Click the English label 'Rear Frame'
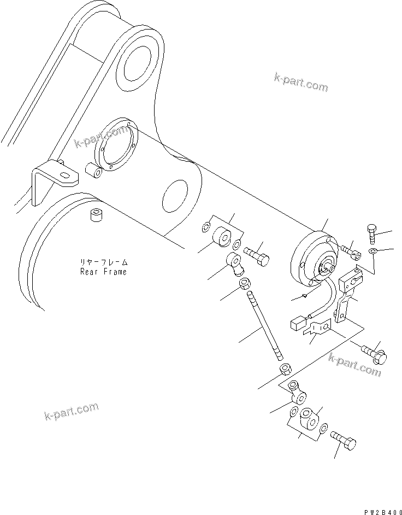[x=103, y=272]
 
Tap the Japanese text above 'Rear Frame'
[x=103, y=262]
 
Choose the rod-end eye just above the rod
[x=236, y=264]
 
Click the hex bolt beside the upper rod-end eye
[x=256, y=256]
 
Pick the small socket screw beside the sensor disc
[x=350, y=250]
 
